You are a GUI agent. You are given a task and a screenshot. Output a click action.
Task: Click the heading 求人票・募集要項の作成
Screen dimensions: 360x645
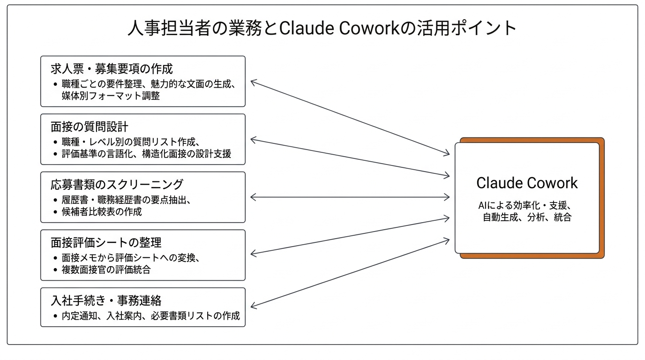tap(112, 69)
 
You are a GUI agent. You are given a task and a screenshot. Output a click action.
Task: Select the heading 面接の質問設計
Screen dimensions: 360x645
tap(90, 127)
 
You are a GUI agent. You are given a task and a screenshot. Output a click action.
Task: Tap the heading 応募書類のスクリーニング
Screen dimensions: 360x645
tap(117, 184)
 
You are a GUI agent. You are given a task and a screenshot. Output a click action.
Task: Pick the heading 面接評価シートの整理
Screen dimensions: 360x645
tap(106, 242)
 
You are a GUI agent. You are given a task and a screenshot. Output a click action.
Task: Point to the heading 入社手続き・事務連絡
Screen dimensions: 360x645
tap(106, 300)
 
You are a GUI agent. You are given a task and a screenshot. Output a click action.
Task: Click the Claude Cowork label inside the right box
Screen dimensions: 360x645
tap(527, 183)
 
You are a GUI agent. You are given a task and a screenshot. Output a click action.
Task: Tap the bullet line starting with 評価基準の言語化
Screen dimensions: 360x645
tap(146, 154)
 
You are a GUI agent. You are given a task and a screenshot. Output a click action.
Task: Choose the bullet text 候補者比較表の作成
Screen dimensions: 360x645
tap(101, 211)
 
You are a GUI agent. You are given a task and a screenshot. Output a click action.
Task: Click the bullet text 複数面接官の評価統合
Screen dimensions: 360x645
tap(106, 270)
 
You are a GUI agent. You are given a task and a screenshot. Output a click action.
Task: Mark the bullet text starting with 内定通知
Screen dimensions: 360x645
tap(150, 316)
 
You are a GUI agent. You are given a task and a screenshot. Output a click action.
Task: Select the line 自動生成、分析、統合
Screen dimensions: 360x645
tap(527, 217)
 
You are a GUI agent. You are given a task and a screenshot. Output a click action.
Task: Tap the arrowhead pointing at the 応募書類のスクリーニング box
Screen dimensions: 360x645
tap(253, 197)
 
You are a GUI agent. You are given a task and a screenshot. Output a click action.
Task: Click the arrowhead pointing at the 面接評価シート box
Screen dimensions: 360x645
tap(253, 254)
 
